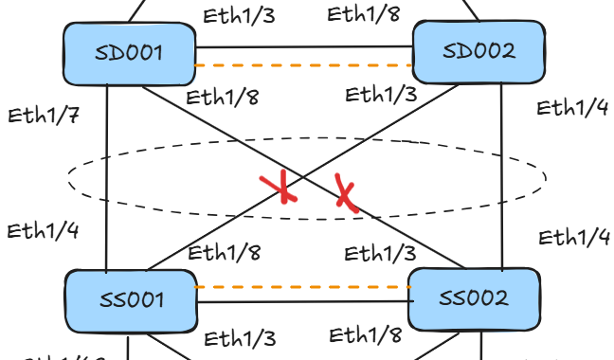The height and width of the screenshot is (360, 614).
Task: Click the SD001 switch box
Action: tap(130, 54)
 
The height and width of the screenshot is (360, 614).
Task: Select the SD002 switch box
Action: tap(479, 52)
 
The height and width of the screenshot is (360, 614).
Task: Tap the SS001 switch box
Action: tap(131, 301)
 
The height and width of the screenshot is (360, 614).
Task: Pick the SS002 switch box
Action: tap(474, 299)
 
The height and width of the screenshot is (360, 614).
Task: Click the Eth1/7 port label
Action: tap(44, 116)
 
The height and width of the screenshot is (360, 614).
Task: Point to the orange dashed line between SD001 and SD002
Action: tap(304, 65)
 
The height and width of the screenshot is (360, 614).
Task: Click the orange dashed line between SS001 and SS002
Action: tap(302, 287)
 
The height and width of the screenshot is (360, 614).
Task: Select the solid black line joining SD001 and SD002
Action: tap(304, 47)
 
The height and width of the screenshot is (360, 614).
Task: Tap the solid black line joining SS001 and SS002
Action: tap(305, 301)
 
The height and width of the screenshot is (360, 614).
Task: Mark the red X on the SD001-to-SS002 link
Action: tap(345, 192)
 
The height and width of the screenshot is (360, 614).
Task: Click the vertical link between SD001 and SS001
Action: tap(106, 178)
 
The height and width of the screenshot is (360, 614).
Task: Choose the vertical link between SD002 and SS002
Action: tap(501, 176)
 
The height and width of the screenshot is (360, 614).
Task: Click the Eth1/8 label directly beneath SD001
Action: tap(223, 98)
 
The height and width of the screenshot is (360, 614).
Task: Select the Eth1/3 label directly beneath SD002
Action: tap(381, 95)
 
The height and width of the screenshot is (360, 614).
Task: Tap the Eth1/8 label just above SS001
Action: tap(225, 252)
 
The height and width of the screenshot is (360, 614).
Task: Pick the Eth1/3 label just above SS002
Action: tap(380, 253)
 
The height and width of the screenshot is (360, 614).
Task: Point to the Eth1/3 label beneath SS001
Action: tap(240, 338)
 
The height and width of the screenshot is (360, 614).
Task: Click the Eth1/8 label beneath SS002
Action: tap(366, 335)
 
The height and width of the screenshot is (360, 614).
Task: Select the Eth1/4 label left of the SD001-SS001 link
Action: tap(43, 231)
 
